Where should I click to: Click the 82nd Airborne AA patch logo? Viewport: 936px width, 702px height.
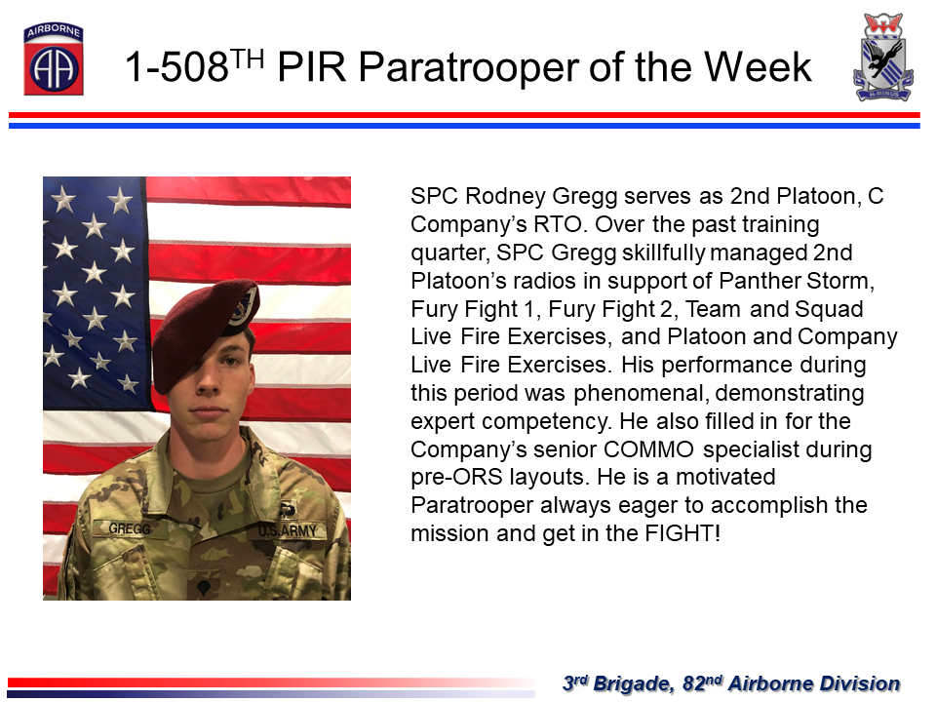(53, 59)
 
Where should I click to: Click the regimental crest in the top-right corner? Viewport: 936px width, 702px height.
(883, 57)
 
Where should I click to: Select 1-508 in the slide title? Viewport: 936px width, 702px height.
(176, 66)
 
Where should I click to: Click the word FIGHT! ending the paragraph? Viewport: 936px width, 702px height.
(682, 533)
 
